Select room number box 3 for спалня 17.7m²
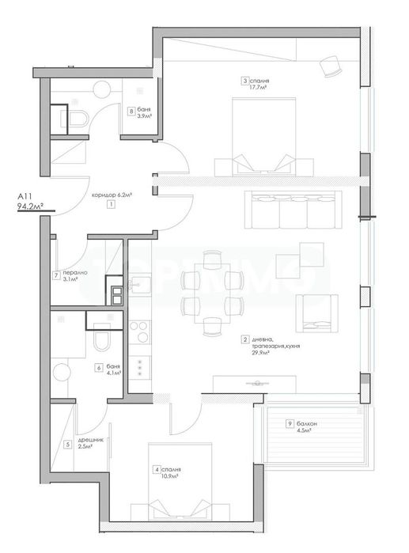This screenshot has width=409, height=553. [x=246, y=80]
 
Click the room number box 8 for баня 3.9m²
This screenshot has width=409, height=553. [x=131, y=111]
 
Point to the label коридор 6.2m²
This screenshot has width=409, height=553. [x=111, y=194]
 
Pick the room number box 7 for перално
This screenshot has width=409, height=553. [x=56, y=275]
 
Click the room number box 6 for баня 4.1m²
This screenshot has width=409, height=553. [x=98, y=367]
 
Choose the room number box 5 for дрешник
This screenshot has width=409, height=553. [x=68, y=445]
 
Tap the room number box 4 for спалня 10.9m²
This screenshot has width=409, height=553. [x=157, y=469]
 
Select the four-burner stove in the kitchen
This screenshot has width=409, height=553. [x=140, y=330]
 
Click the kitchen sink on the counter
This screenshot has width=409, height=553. [x=138, y=283]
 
